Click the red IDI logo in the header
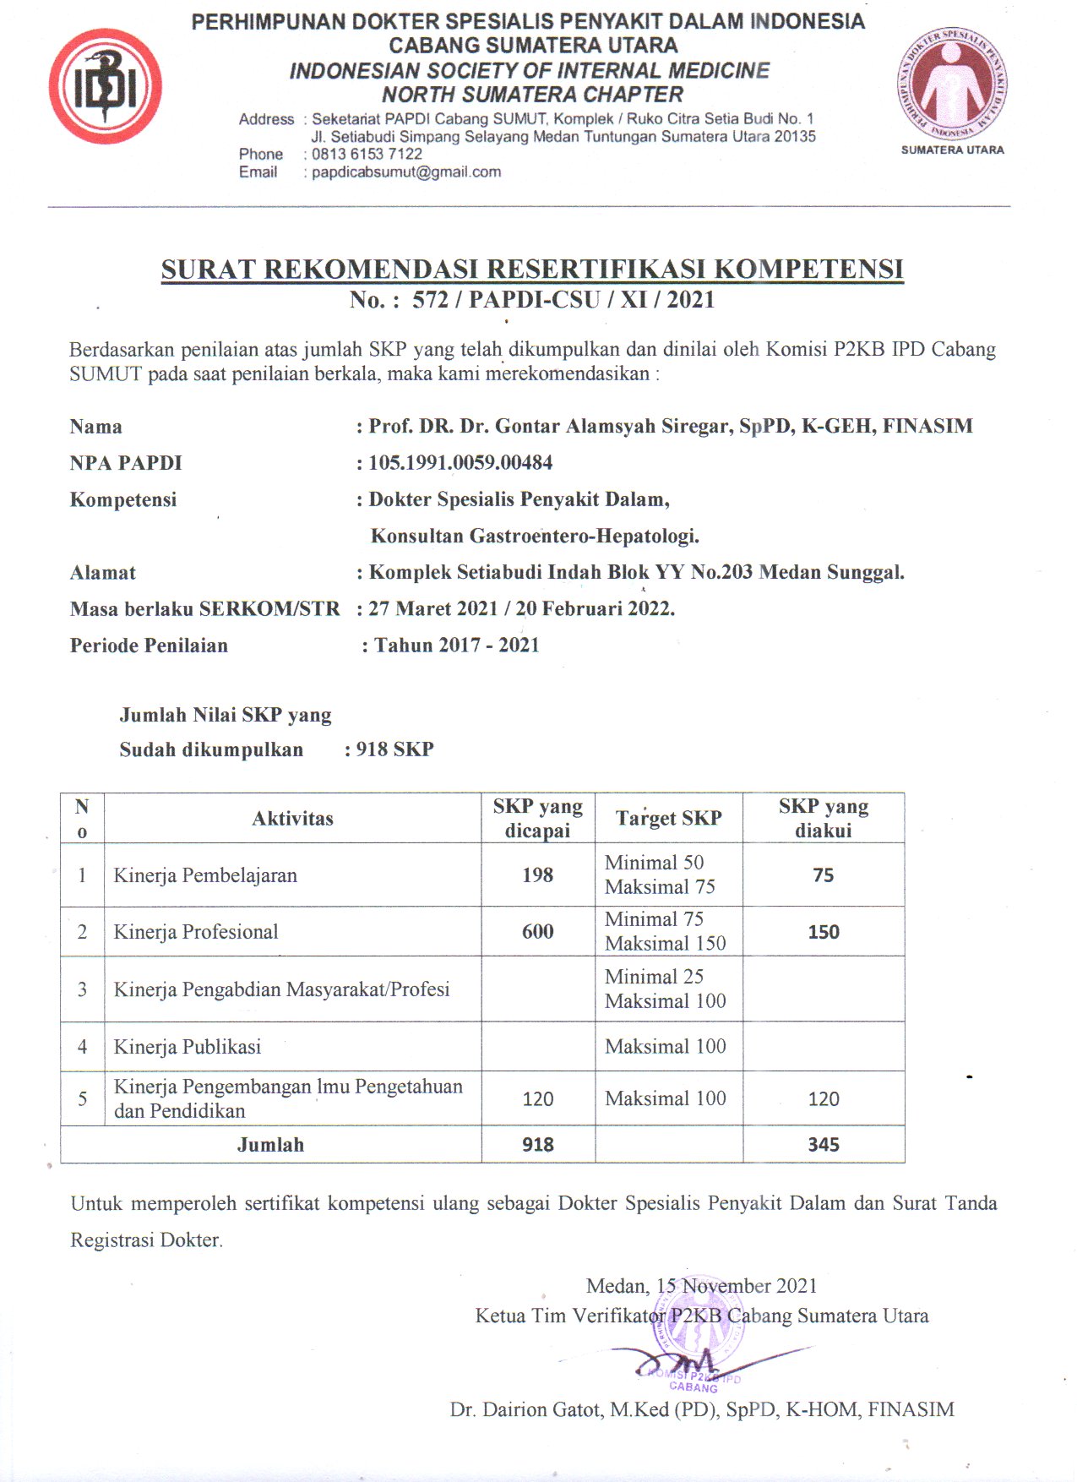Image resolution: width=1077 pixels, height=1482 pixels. point(105,86)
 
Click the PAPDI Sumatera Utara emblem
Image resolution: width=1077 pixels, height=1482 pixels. point(952,84)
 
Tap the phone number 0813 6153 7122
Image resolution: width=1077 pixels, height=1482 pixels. point(367,154)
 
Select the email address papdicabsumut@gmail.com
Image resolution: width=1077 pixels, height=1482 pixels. point(406,172)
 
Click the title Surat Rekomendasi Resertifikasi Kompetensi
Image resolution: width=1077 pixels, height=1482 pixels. point(532,269)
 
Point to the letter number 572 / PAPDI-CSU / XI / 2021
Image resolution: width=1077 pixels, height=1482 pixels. point(563,300)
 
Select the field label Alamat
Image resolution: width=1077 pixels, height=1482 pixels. point(103,573)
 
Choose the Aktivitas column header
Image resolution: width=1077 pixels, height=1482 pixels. point(292,818)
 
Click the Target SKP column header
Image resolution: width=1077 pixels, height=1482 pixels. point(668,818)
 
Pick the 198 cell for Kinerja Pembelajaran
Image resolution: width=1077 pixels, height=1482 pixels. point(537,875)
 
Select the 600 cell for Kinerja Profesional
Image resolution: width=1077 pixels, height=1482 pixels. point(537,932)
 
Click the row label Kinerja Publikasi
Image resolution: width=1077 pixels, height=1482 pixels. point(188,1047)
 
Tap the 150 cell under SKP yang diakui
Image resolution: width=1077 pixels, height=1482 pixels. point(823,932)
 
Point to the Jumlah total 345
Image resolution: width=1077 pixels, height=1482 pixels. point(823,1145)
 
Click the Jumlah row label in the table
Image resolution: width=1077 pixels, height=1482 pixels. point(270,1145)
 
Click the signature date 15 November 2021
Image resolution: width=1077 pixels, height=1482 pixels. point(737,1286)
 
